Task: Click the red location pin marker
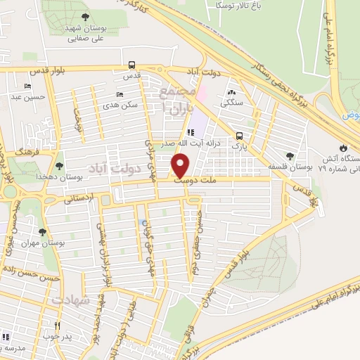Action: click(181, 165)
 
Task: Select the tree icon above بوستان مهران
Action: click(43, 231)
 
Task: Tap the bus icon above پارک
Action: click(240, 136)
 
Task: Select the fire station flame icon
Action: click(342, 148)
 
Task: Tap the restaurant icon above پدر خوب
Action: click(58, 326)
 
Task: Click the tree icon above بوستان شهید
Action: click(85, 16)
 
